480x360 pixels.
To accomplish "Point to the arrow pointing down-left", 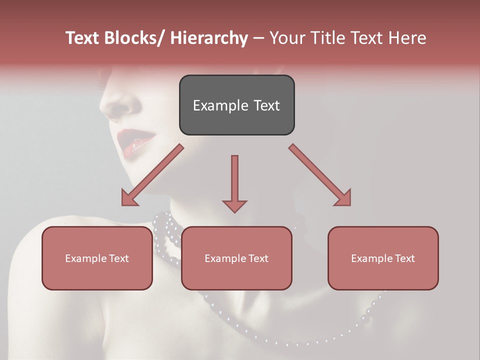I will pyautogui.click(x=151, y=175).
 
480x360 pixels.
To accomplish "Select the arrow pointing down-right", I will pyautogui.click(x=320, y=175).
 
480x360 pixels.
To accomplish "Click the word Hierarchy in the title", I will pyautogui.click(x=209, y=38).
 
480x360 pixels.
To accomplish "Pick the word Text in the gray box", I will pyautogui.click(x=266, y=105).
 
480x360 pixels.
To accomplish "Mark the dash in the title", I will pyautogui.click(x=258, y=38).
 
